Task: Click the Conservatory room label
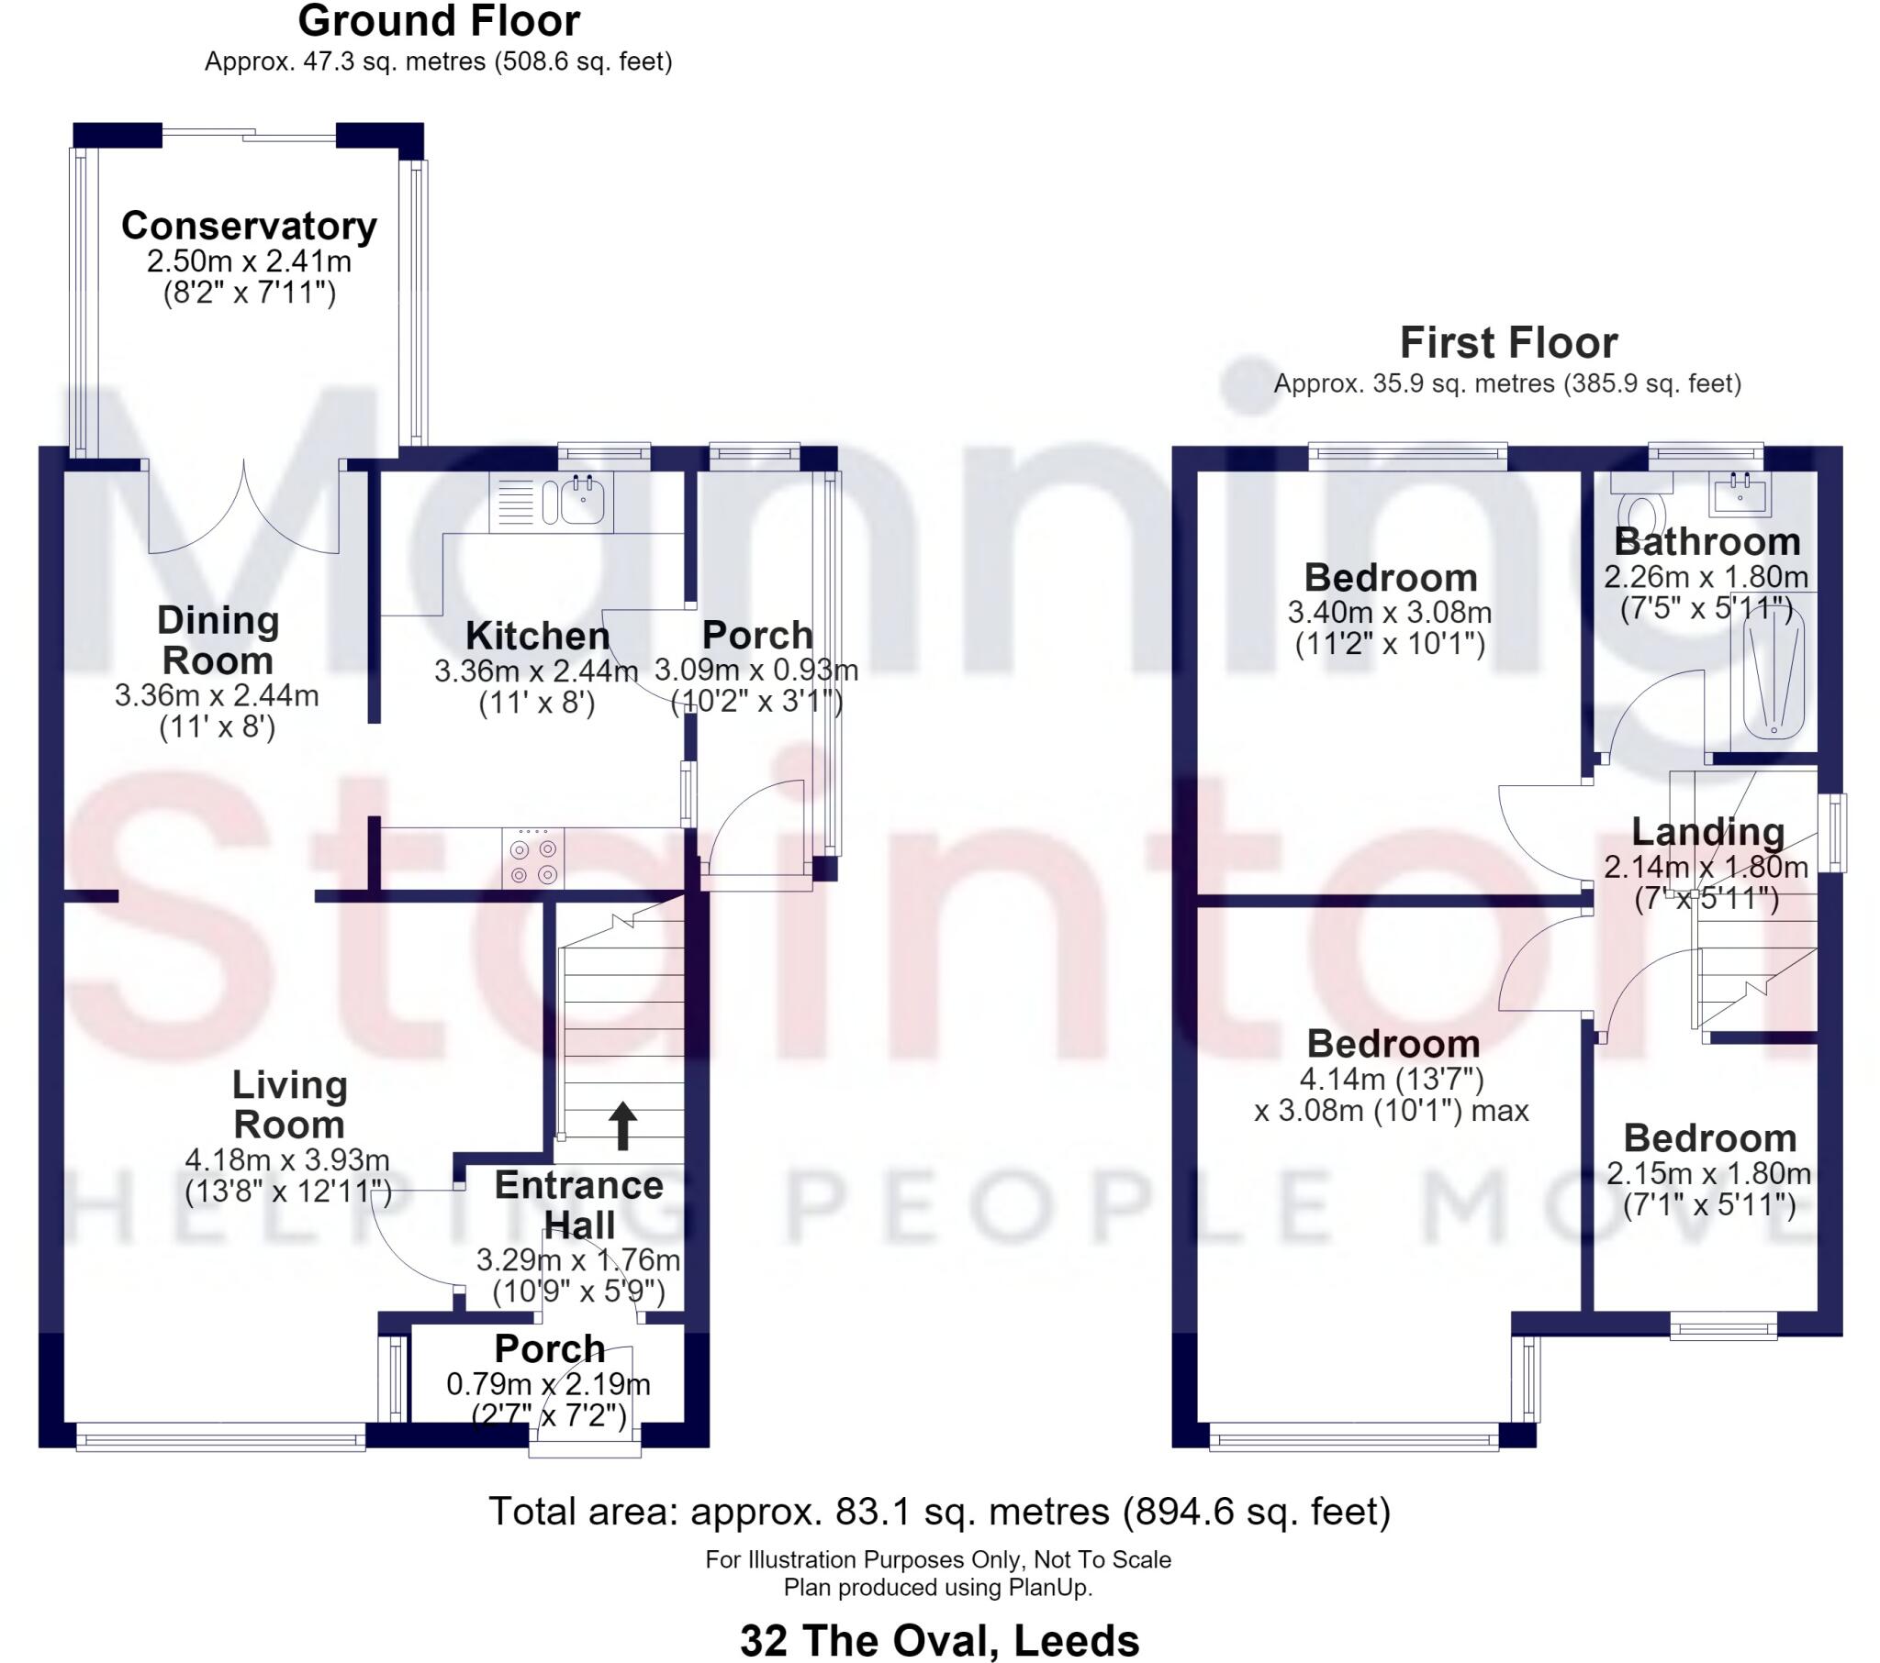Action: pyautogui.click(x=250, y=227)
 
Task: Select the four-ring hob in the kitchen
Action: pyautogui.click(x=533, y=859)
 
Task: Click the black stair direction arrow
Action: pyautogui.click(x=622, y=1125)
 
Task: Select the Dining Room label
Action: pyautogui.click(x=218, y=641)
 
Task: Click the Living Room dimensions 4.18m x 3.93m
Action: pyautogui.click(x=288, y=1160)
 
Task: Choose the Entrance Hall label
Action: pyautogui.click(x=579, y=1205)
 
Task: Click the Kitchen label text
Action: pyautogui.click(x=538, y=637)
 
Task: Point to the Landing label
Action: pyautogui.click(x=1708, y=832)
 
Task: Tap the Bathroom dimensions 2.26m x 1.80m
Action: pyautogui.click(x=1707, y=577)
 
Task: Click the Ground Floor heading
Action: pyautogui.click(x=439, y=21)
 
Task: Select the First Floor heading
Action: pyautogui.click(x=1508, y=343)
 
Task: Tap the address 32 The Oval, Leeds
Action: pyautogui.click(x=940, y=1640)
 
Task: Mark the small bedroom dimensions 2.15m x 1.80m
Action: pyautogui.click(x=1709, y=1174)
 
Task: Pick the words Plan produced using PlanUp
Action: pyautogui.click(x=938, y=1588)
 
